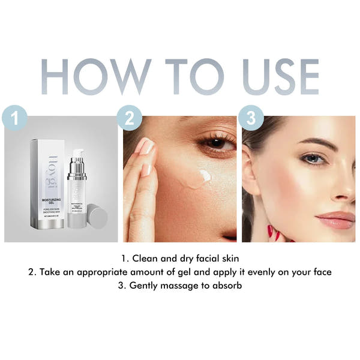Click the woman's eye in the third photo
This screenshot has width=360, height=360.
[313, 158]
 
